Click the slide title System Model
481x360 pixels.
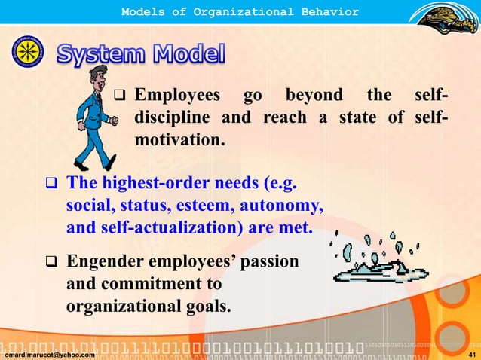[x=141, y=54]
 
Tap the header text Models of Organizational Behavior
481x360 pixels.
[x=240, y=11]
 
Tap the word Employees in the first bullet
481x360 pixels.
[x=177, y=96]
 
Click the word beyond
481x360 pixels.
[x=313, y=96]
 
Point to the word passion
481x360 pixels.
[x=270, y=262]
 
